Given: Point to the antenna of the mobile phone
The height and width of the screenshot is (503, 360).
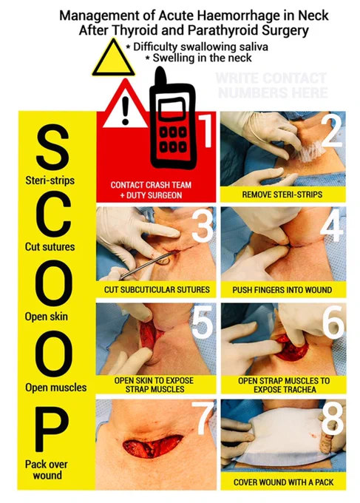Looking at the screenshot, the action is [x=160, y=78].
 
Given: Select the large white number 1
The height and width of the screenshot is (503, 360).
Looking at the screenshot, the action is [x=206, y=130].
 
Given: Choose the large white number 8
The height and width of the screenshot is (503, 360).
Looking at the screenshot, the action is [x=332, y=418].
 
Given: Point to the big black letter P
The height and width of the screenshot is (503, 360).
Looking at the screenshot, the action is [x=51, y=429].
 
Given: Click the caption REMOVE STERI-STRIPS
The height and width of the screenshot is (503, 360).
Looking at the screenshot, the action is [x=282, y=195].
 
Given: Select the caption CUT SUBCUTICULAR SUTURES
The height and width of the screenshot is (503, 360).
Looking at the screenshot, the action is [x=157, y=290].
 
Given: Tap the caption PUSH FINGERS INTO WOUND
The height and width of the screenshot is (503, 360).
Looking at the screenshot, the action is [x=282, y=290].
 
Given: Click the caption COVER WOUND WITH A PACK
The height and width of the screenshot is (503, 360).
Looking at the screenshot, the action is [x=283, y=482].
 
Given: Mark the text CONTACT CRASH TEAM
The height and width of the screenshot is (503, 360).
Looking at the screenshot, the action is [x=151, y=185].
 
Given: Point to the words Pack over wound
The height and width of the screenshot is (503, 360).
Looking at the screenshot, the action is [x=47, y=469].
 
